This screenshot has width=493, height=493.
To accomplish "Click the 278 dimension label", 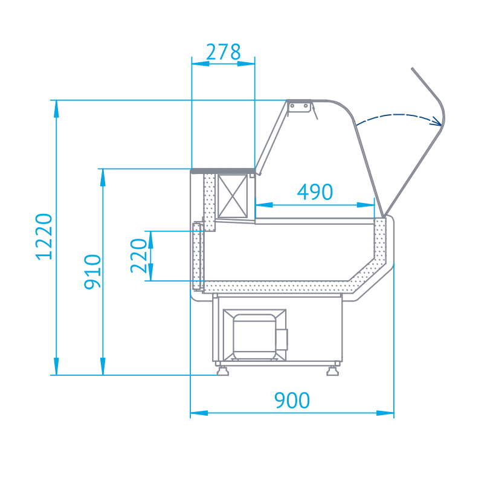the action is pos(223,52).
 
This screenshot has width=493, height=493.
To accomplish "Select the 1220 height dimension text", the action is pos(43,237).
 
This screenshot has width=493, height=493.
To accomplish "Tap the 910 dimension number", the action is pos(92,272).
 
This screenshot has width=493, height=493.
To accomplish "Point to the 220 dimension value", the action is pos(139,256).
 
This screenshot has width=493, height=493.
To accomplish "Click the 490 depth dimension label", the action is pos(315,192).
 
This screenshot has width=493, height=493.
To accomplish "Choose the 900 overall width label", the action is pos(292,400).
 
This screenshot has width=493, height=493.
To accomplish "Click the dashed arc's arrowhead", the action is pos(437,121).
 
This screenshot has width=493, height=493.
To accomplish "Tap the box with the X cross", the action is pos(233,196).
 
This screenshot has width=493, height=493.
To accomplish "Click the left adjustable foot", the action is pos(222,370).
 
